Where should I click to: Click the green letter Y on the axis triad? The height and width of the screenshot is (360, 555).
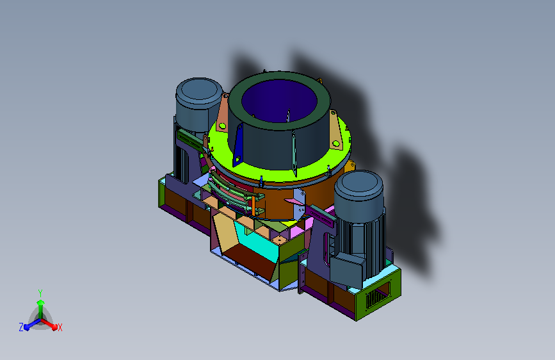[40, 293]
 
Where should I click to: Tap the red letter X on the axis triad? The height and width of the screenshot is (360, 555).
[60, 327]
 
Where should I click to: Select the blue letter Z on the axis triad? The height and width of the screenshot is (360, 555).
[21, 327]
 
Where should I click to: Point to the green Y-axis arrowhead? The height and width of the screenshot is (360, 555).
[40, 302]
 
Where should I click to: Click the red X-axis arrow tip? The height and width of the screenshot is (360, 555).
[54, 327]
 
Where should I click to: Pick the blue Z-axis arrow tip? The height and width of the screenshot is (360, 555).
[26, 327]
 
